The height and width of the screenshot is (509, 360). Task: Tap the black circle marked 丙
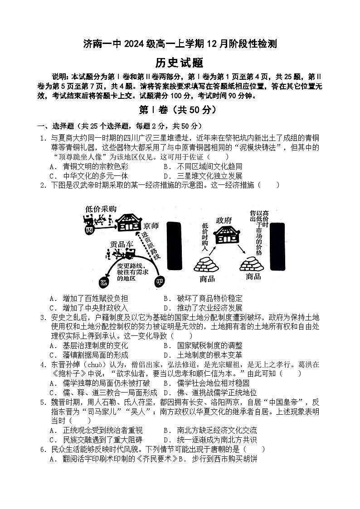pos(89,230)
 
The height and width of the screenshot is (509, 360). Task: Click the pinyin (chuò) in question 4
pos(97,364)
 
